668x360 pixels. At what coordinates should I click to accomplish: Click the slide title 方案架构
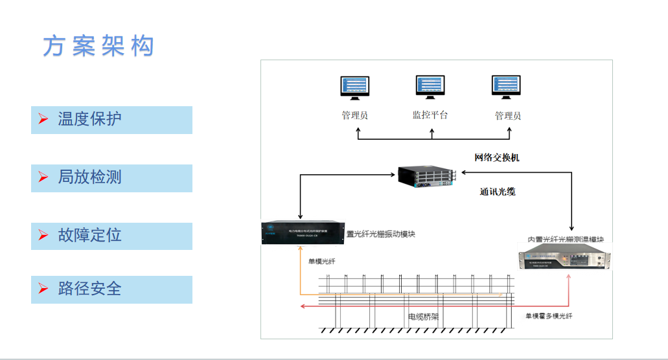coord(98,46)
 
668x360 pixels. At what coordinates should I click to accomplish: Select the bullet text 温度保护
coord(89,119)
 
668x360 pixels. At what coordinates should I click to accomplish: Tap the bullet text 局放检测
coord(89,177)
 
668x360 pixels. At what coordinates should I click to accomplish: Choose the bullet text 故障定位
coord(89,235)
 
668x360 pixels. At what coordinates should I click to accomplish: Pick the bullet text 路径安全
coord(89,289)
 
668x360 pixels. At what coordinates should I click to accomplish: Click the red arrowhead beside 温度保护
coord(43,120)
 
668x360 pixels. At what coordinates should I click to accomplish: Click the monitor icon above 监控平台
coord(431,88)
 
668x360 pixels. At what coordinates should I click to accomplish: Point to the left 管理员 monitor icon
coord(356,89)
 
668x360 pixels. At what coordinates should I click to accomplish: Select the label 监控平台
coord(430,115)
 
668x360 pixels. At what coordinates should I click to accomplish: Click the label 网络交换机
coord(497,157)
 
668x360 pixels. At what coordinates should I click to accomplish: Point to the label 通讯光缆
coord(498,192)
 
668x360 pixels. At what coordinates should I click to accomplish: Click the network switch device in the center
coord(427,175)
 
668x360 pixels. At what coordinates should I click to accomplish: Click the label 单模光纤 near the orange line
coord(322,261)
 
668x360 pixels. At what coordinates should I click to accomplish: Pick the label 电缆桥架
coord(422,317)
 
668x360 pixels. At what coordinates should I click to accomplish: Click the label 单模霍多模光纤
coord(549,316)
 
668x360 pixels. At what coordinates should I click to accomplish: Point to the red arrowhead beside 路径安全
coord(43,289)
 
